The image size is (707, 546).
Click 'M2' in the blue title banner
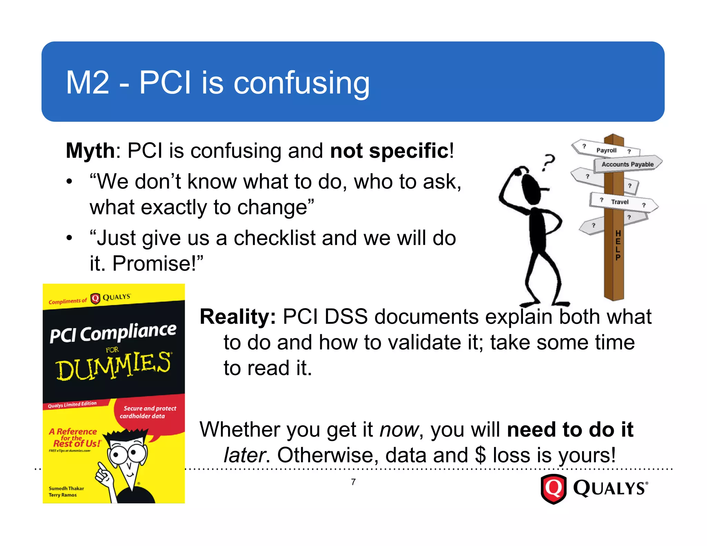(x=87, y=83)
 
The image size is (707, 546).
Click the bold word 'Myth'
(x=90, y=151)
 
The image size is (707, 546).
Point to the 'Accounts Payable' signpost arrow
(x=628, y=164)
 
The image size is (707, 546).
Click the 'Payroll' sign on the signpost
(x=606, y=150)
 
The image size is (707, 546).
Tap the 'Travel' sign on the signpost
(x=620, y=202)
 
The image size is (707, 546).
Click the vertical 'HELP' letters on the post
(x=618, y=245)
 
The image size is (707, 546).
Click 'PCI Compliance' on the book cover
(x=113, y=333)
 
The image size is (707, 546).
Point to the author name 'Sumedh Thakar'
(x=66, y=488)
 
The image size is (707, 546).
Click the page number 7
(x=353, y=482)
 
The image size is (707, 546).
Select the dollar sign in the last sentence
(x=480, y=455)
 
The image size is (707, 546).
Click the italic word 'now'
(x=399, y=430)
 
